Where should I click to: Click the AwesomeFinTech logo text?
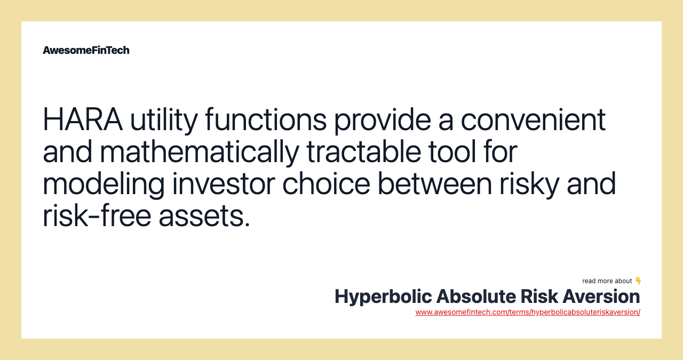pyautogui.click(x=86, y=50)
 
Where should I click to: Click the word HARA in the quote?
pyautogui.click(x=83, y=120)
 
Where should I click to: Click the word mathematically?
pyautogui.click(x=199, y=152)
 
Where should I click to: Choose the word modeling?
pyautogui.click(x=104, y=185)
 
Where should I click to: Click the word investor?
pyautogui.click(x=223, y=185)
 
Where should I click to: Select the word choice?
pyautogui.click(x=326, y=185)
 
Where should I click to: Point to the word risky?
pyautogui.click(x=529, y=185)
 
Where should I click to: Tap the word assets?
pyautogui.click(x=204, y=217)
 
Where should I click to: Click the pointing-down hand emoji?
pyautogui.click(x=638, y=281)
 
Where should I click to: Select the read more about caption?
pyautogui.click(x=607, y=281)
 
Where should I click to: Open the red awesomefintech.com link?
pyautogui.click(x=528, y=312)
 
